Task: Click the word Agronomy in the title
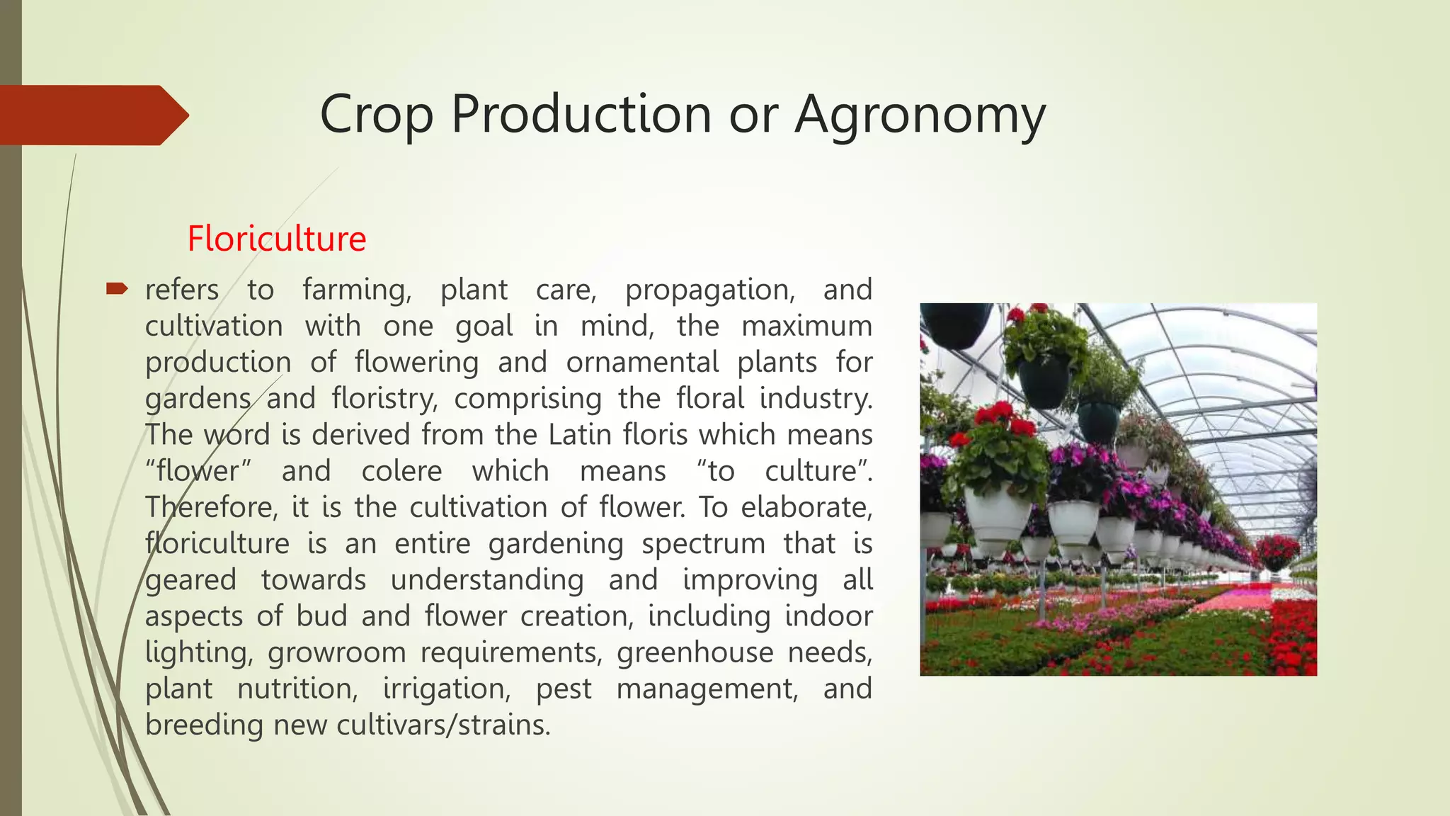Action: [x=920, y=115]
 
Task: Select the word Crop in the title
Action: [x=376, y=115]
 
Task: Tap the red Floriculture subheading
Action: [x=277, y=239]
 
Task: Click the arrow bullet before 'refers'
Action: [x=117, y=288]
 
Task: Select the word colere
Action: [x=401, y=471]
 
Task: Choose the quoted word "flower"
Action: [x=198, y=471]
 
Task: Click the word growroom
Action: [x=336, y=652]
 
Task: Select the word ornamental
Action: [x=642, y=363]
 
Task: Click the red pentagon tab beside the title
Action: [x=92, y=115]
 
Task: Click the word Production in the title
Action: [x=581, y=115]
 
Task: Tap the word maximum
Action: [x=806, y=327]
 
